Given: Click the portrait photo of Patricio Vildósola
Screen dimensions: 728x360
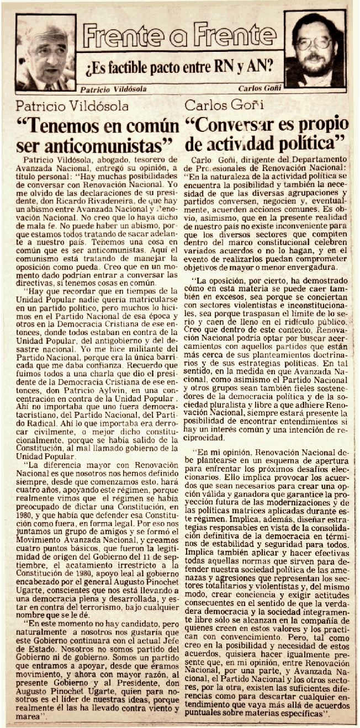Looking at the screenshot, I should tap(45, 52).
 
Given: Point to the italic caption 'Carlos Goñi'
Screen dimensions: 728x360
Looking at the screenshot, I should tap(258, 88).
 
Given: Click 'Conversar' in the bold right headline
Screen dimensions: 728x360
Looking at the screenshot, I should tap(245, 125).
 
